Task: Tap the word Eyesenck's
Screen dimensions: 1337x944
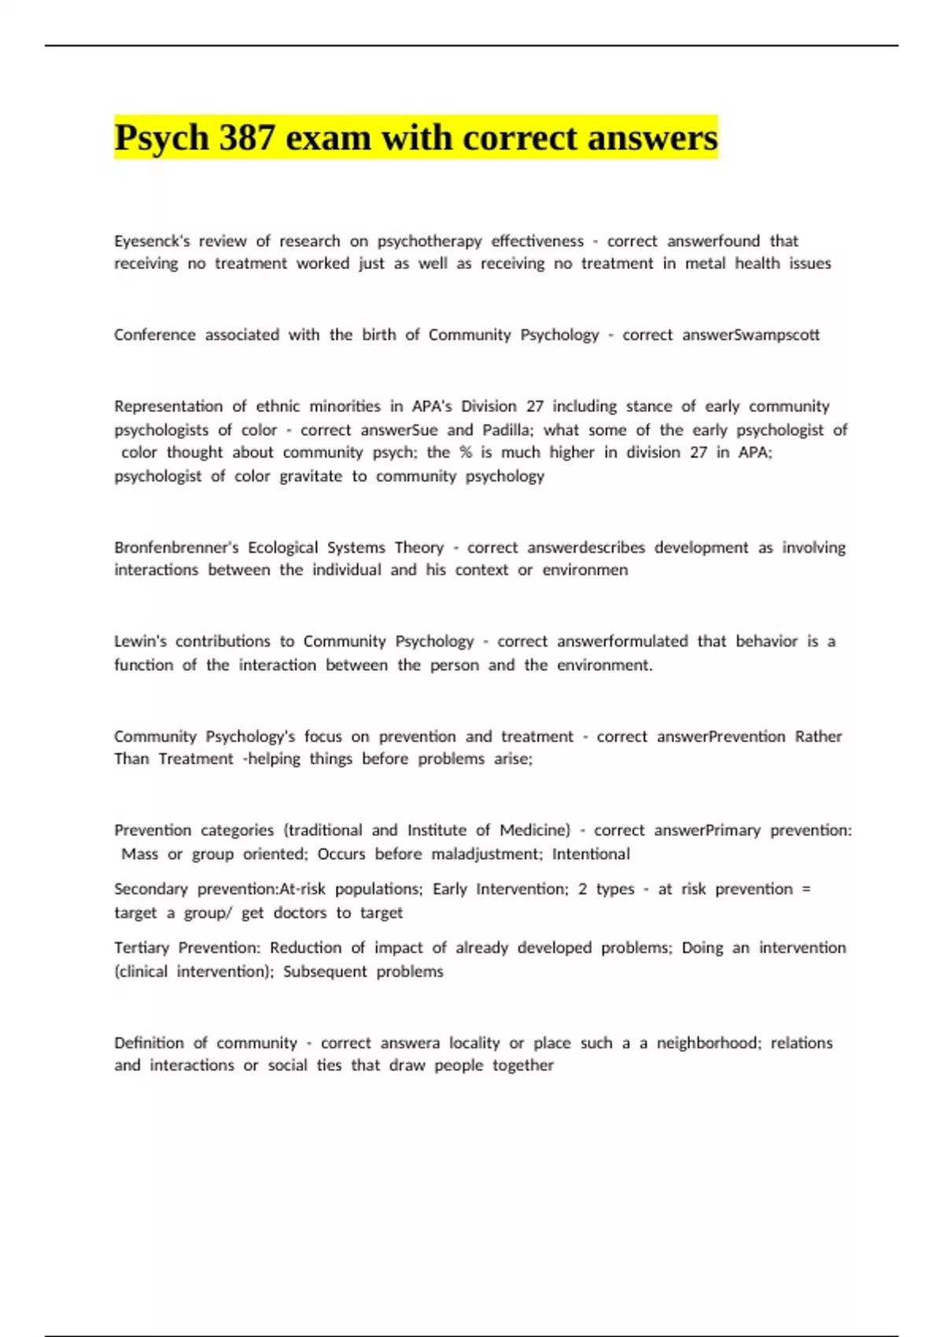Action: tap(152, 241)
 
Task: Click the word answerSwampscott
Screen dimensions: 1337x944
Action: tap(750, 335)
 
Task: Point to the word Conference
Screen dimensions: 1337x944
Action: tap(155, 335)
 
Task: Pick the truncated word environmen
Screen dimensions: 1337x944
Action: tap(584, 570)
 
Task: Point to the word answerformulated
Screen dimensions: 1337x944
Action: tap(622, 642)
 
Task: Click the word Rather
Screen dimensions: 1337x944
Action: tap(818, 737)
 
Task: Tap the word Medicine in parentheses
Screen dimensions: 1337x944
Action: tap(535, 831)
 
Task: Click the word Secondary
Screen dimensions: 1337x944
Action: tap(151, 889)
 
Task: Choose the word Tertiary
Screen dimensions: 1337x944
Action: tap(142, 948)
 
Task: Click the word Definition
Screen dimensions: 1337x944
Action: tap(149, 1043)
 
